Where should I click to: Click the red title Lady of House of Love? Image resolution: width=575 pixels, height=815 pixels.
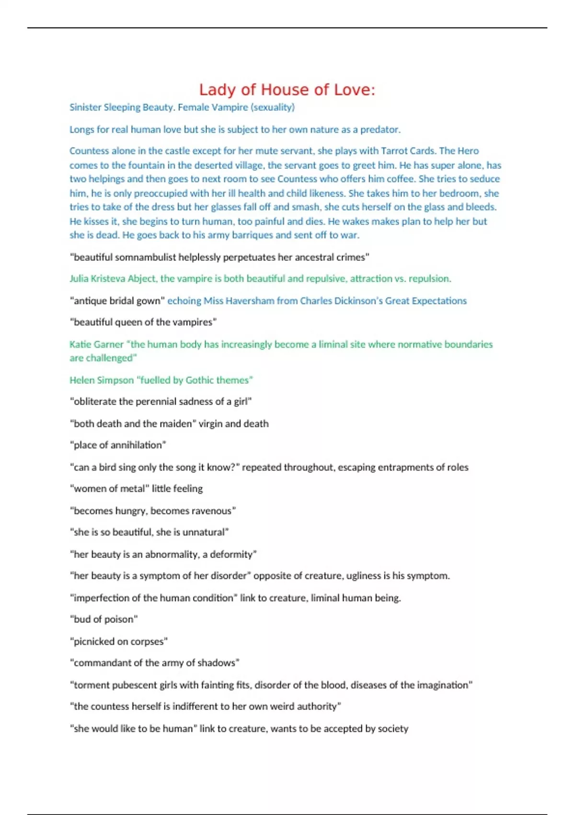click(287, 90)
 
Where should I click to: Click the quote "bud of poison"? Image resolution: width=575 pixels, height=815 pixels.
click(103, 619)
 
